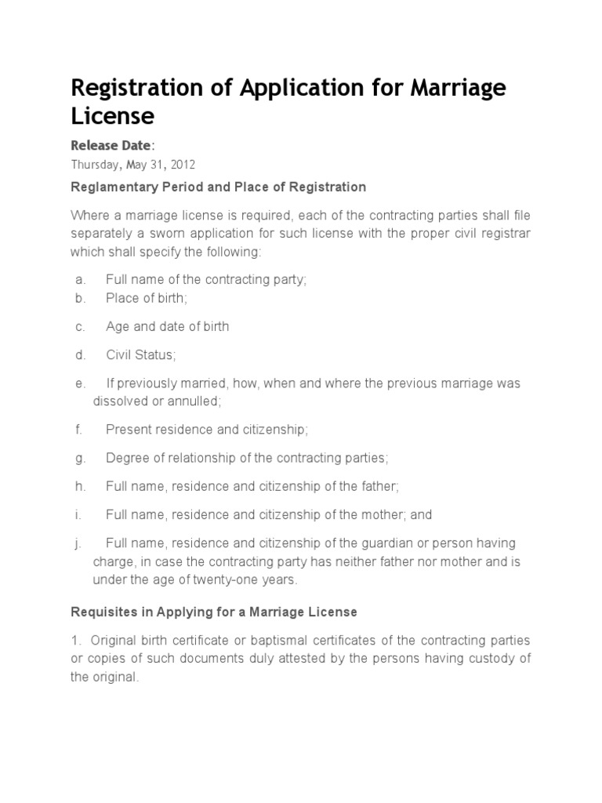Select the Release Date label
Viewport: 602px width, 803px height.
click(x=112, y=145)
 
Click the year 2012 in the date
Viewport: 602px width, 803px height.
click(x=181, y=165)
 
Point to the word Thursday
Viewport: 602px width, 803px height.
click(x=94, y=165)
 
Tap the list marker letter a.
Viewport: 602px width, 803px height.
click(x=79, y=280)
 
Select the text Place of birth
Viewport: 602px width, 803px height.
click(x=146, y=298)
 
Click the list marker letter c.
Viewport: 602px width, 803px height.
click(x=79, y=326)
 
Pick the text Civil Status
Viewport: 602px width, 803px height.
click(x=140, y=355)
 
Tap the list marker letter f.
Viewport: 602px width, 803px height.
click(x=78, y=429)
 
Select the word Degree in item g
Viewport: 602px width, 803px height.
click(x=125, y=457)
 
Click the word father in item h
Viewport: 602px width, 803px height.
click(x=379, y=486)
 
